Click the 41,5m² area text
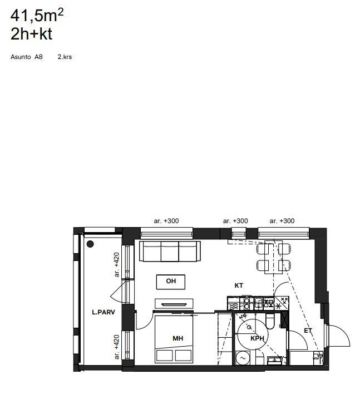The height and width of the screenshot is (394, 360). (37, 16)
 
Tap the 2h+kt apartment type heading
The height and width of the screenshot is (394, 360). (31, 34)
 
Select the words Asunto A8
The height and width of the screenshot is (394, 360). (26, 57)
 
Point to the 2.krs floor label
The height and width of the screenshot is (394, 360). (65, 57)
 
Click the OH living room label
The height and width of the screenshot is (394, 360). (171, 281)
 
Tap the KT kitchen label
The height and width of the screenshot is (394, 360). (239, 285)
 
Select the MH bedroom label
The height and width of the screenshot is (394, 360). (178, 338)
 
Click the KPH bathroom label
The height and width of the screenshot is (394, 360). (257, 338)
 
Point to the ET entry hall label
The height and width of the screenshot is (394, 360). (308, 331)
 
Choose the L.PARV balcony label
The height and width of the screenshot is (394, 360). (103, 312)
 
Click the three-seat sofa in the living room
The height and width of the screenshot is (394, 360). (170, 252)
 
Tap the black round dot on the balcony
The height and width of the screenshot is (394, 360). (90, 244)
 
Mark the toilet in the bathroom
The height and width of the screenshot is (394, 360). (270, 322)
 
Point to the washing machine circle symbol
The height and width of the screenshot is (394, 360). (243, 358)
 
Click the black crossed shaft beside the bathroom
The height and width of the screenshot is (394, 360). (284, 319)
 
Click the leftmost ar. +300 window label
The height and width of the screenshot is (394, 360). (166, 221)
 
